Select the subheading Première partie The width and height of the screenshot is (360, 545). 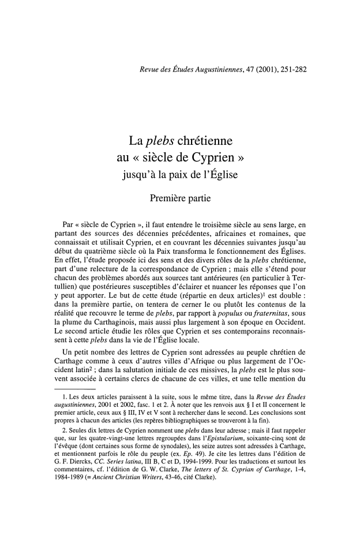[x=179, y=200]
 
